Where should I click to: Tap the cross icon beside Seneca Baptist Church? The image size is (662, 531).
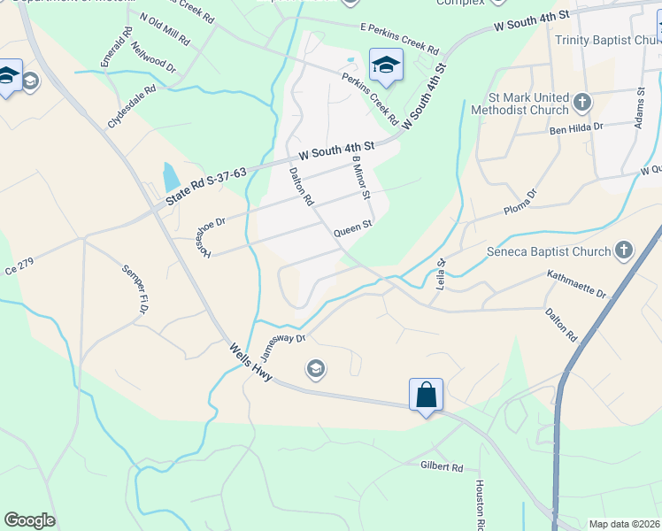pyautogui.click(x=624, y=250)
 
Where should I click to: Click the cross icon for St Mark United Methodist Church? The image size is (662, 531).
pyautogui.click(x=582, y=102)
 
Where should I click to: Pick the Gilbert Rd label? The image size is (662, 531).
pyautogui.click(x=442, y=466)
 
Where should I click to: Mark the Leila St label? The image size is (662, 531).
pyautogui.click(x=441, y=273)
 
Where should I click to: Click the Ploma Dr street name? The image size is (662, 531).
pyautogui.click(x=520, y=206)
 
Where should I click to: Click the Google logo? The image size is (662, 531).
pyautogui.click(x=29, y=520)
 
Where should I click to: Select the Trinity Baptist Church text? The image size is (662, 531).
pyautogui.click(x=606, y=41)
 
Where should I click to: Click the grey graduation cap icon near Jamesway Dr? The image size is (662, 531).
pyautogui.click(x=314, y=367)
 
